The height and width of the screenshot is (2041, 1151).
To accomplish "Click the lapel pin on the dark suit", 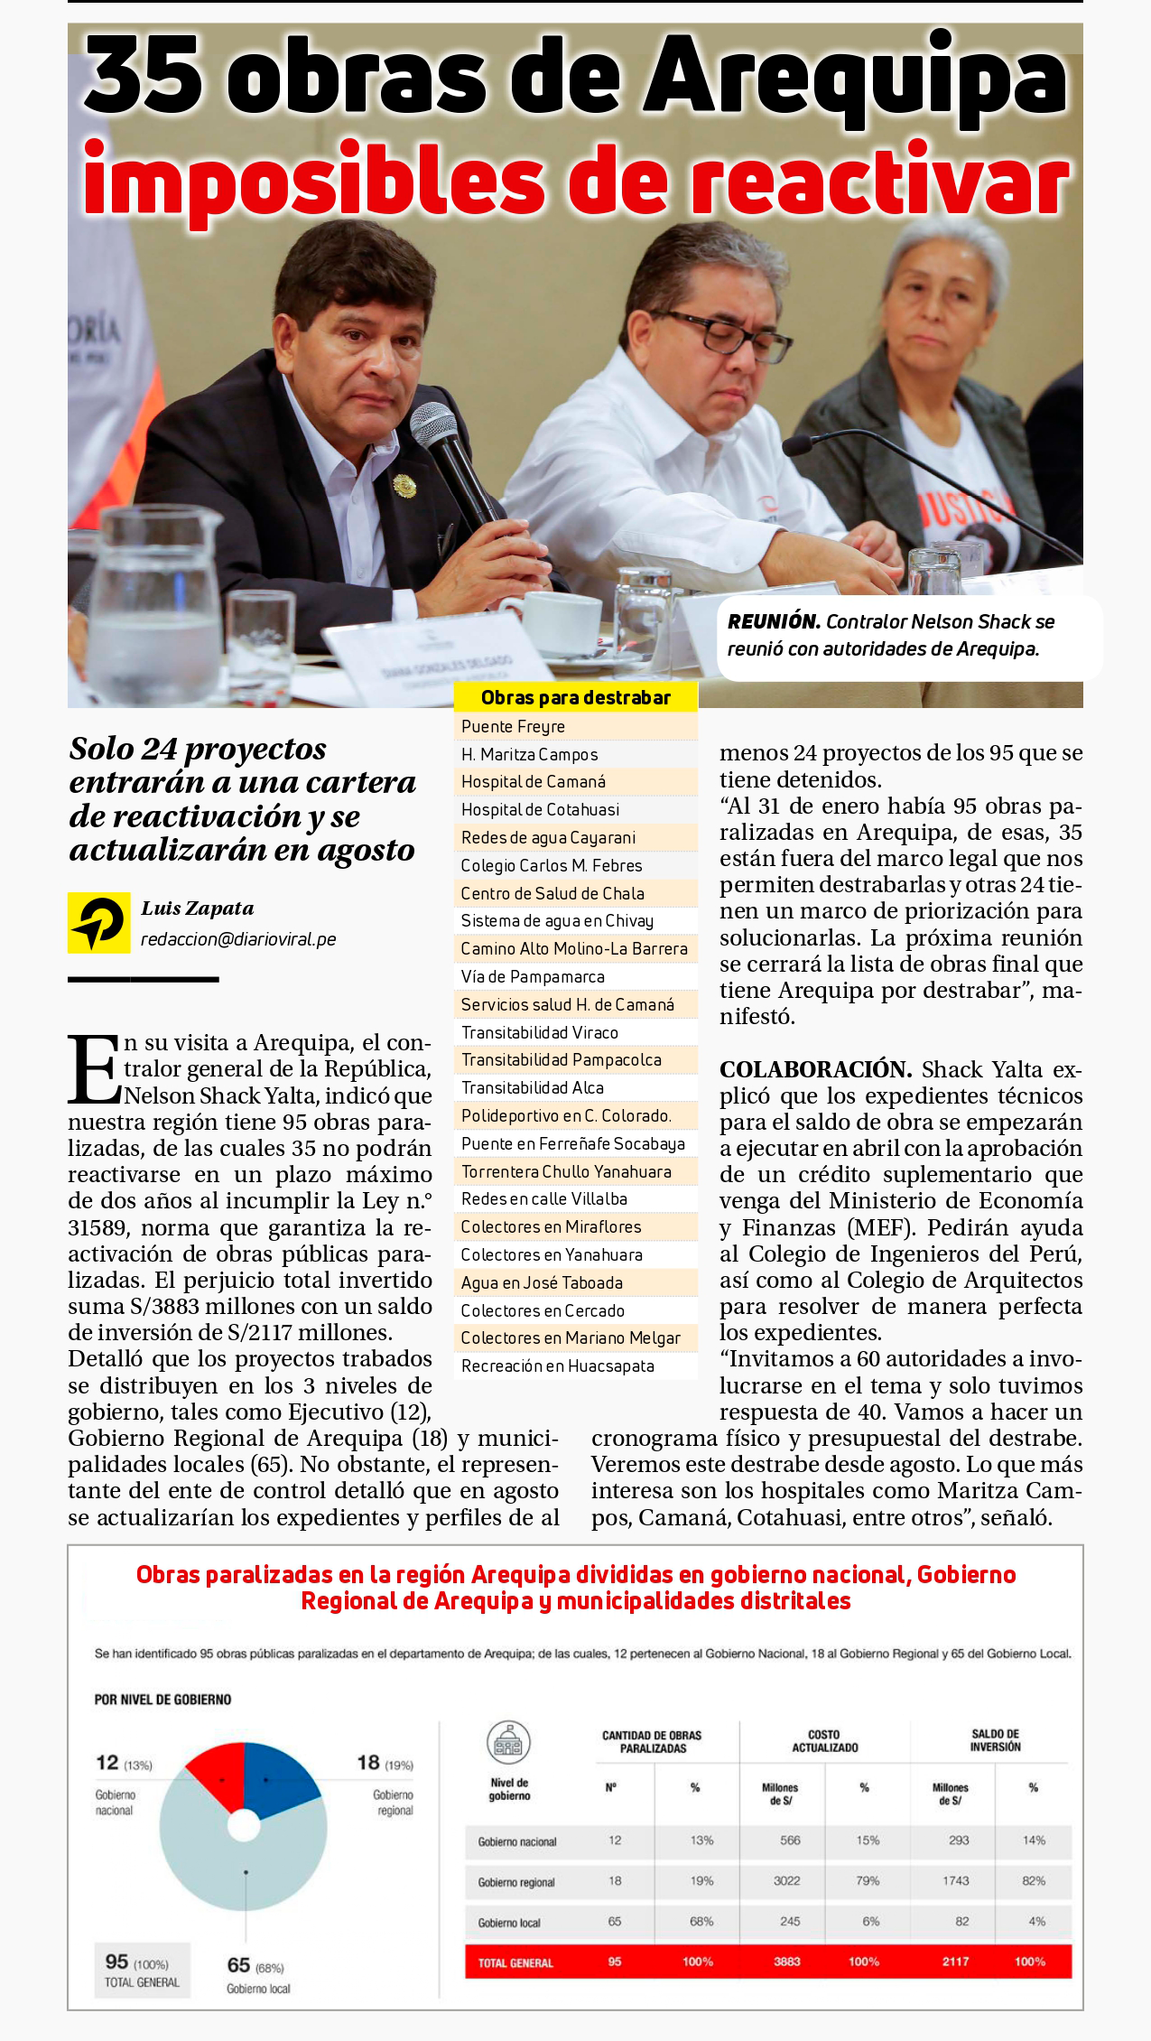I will coord(404,486).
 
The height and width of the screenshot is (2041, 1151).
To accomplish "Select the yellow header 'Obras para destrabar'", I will coord(575,697).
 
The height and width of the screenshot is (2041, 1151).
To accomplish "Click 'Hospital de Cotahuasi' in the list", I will coord(540,810).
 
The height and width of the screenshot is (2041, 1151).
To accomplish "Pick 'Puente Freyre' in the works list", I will coord(513,727).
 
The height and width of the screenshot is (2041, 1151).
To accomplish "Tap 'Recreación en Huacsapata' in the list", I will coord(557,1366).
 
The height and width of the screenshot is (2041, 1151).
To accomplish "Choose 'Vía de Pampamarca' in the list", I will coord(533,977).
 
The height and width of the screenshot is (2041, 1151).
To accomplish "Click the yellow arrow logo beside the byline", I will coord(98,923).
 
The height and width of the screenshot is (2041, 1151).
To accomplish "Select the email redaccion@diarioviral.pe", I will coord(238,939).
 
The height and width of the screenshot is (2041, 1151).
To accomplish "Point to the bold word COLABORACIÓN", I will coord(815,1069).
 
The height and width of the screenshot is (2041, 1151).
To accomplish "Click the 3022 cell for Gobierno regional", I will coord(786,1880).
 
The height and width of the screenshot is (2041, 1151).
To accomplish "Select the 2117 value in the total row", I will coord(955,1962).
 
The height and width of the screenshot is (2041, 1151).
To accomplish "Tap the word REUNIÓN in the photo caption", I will coord(774,622).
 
